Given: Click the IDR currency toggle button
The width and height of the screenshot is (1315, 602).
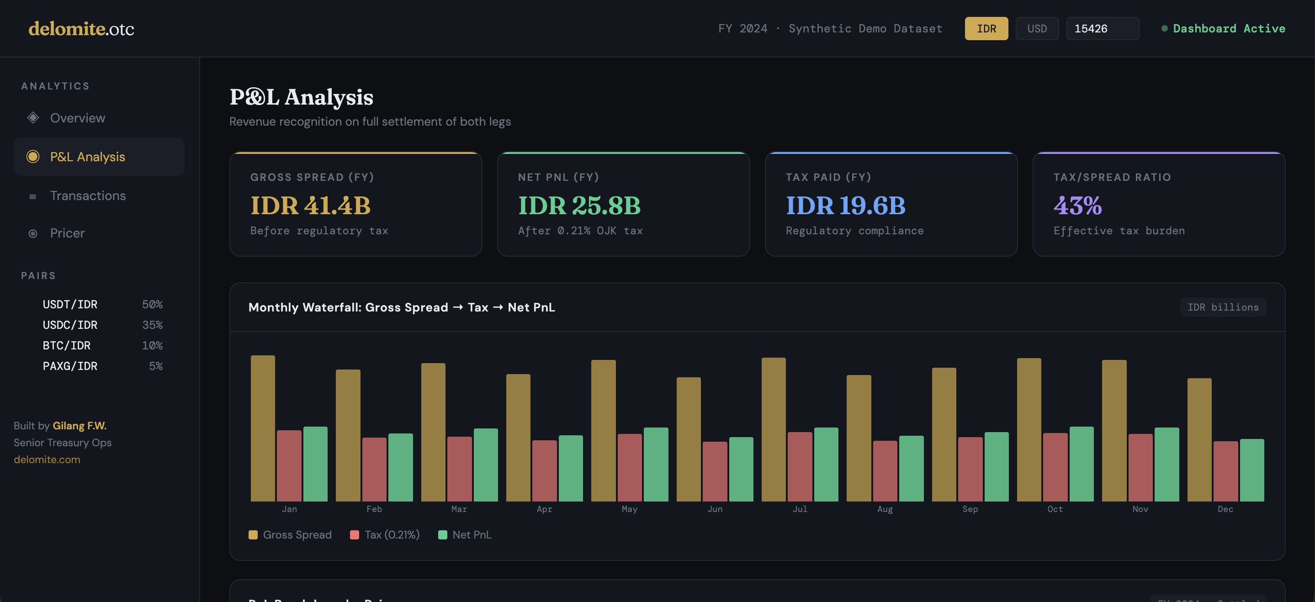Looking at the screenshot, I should [x=986, y=29].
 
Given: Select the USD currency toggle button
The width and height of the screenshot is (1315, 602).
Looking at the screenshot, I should [x=1037, y=29].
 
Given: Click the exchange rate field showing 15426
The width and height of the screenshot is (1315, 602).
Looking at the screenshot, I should [x=1102, y=29].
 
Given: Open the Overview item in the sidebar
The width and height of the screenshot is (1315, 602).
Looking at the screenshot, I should [x=78, y=118].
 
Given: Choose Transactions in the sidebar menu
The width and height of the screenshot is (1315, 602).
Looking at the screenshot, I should [x=88, y=196].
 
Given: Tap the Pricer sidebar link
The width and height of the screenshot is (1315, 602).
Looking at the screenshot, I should [x=67, y=233].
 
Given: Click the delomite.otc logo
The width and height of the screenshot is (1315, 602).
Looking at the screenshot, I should [x=81, y=29].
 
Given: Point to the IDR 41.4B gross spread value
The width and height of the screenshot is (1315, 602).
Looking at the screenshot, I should [x=310, y=206].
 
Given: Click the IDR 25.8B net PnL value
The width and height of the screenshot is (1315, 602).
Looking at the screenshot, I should [x=579, y=206].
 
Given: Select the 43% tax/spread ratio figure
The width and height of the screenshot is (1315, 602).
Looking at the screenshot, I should [x=1077, y=206].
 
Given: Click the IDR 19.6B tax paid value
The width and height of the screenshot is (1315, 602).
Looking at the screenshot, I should [x=845, y=206].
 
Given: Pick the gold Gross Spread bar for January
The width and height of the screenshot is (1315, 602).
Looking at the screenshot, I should [x=263, y=428].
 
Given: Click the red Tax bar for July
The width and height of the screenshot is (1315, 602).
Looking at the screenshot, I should [x=800, y=467].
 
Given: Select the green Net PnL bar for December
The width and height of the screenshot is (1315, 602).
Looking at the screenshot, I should [x=1251, y=470].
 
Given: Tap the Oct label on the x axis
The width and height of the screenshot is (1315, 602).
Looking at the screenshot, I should [x=1055, y=509].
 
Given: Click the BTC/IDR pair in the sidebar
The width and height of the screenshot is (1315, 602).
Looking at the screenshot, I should [x=67, y=345].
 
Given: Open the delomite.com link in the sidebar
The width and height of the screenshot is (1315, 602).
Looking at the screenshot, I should [x=47, y=459].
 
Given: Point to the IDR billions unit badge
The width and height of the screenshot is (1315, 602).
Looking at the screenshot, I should [x=1223, y=307].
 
